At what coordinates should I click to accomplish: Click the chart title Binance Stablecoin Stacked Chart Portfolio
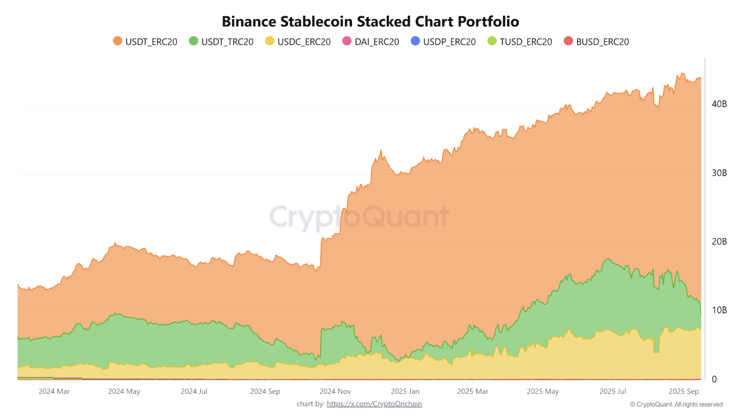pos(370,21)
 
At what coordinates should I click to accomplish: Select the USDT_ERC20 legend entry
pos(145,42)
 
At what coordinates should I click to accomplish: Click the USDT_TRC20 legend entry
pos(221,42)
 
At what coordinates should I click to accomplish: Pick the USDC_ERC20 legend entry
pos(298,42)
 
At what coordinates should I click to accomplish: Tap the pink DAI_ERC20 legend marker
pos(347,42)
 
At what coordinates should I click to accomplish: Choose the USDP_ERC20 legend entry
pos(442,42)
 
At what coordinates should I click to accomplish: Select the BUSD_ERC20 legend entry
pos(596,42)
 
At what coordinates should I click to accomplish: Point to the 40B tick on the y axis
pos(718,104)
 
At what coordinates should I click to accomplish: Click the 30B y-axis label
pos(718,173)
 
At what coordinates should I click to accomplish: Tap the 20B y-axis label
pos(718,242)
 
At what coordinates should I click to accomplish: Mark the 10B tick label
pos(718,310)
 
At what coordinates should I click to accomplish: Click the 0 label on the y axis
pos(714,379)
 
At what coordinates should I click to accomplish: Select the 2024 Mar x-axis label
pos(54,392)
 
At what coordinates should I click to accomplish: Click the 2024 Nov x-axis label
pos(336,392)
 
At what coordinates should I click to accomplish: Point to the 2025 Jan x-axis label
pos(406,392)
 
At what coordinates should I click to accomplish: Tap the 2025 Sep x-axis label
pos(684,392)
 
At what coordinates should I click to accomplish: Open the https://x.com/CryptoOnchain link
pos(374,404)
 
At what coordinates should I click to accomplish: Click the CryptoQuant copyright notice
pos(676,404)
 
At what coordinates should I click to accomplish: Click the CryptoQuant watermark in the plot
pos(359,217)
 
